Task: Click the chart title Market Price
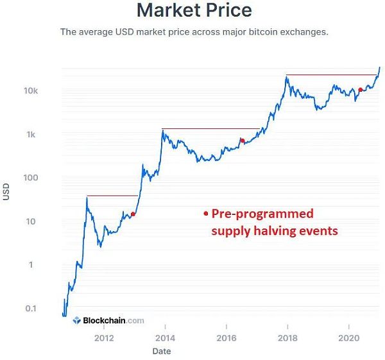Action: (194, 10)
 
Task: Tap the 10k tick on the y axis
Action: (31, 91)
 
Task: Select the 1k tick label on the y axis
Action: (33, 135)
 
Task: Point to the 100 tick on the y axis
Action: (31, 178)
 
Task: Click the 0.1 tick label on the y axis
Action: (31, 309)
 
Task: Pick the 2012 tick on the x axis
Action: (104, 338)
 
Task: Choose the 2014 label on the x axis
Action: (165, 338)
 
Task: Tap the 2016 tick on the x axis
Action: (226, 338)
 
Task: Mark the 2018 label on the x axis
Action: (287, 338)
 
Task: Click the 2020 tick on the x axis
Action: (348, 338)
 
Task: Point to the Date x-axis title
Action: (161, 351)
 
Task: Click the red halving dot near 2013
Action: (133, 214)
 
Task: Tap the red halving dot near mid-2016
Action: (242, 141)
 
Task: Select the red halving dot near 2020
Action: (360, 90)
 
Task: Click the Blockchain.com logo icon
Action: (76, 320)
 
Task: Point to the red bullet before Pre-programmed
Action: (205, 214)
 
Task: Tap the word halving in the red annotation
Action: (274, 230)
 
